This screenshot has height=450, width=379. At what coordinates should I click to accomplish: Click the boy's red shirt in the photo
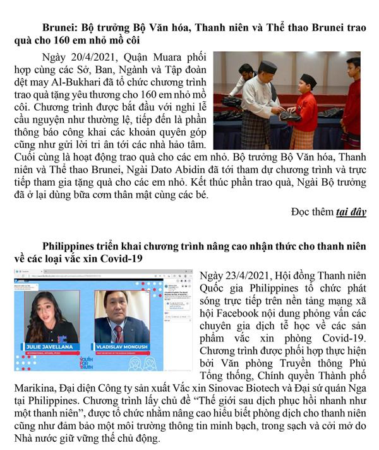pyautogui.click(x=307, y=111)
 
